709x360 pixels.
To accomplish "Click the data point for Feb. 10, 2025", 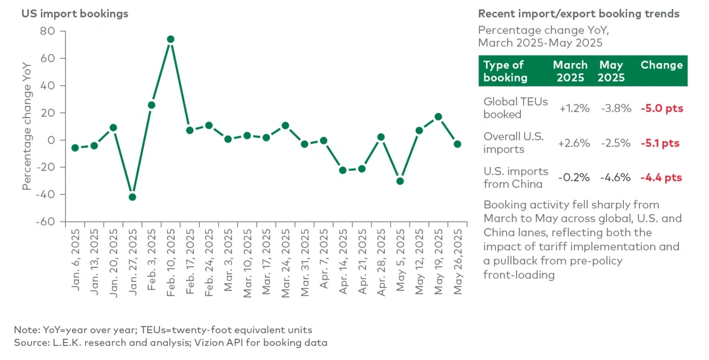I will click(x=170, y=39).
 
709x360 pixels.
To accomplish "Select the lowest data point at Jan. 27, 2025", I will click(x=132, y=197).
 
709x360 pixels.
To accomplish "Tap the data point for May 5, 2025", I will click(x=400, y=181).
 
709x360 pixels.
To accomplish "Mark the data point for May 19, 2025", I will click(x=438, y=117).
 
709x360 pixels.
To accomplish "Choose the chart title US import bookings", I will click(x=75, y=14).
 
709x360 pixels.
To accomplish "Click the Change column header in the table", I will click(x=661, y=65).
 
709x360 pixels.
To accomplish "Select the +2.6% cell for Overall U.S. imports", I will click(x=574, y=143).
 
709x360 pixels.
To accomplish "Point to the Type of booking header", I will click(x=506, y=71).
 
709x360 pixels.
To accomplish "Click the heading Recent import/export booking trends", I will click(x=579, y=14).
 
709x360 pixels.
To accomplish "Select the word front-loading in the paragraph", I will click(x=519, y=274).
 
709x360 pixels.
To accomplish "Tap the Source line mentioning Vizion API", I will click(x=171, y=343).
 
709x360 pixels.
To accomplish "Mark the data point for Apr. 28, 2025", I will click(x=381, y=137).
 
